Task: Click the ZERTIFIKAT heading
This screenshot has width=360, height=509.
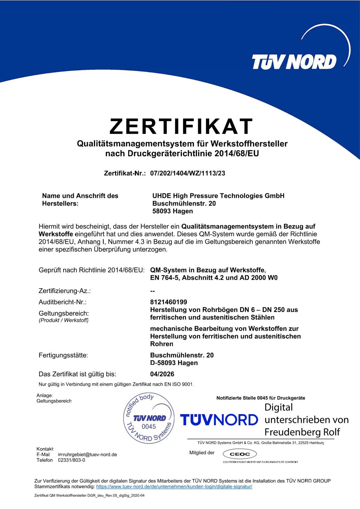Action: [x=181, y=126]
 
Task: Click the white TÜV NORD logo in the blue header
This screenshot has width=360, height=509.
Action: [x=294, y=62]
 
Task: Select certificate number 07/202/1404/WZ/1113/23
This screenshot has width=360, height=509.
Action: [x=188, y=173]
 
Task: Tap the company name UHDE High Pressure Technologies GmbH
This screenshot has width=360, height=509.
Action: [x=218, y=196]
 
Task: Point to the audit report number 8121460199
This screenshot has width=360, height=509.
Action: [x=168, y=302]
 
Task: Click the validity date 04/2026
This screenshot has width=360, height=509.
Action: [x=162, y=374]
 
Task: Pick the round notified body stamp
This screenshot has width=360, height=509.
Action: [x=149, y=418]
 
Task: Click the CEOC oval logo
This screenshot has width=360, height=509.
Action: [x=240, y=454]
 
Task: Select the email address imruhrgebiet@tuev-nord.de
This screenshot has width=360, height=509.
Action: [x=87, y=454]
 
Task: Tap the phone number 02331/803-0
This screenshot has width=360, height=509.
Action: [x=71, y=460]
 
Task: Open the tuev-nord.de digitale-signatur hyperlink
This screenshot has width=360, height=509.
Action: [x=174, y=487]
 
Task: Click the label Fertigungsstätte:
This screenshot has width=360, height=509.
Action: [x=63, y=355]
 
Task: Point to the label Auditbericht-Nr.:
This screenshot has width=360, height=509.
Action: [x=62, y=302]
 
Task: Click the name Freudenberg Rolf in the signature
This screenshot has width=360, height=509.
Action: [x=302, y=432]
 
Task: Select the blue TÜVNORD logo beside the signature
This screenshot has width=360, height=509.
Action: [x=219, y=420]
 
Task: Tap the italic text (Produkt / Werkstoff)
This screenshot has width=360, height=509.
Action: [x=64, y=320]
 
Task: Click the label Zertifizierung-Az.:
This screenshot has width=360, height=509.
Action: [x=65, y=291]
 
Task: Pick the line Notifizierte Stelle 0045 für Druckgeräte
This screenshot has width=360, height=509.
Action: [x=261, y=398]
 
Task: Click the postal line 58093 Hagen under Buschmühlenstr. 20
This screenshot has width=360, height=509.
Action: [x=173, y=211]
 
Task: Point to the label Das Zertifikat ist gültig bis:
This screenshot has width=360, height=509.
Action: [x=77, y=374]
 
